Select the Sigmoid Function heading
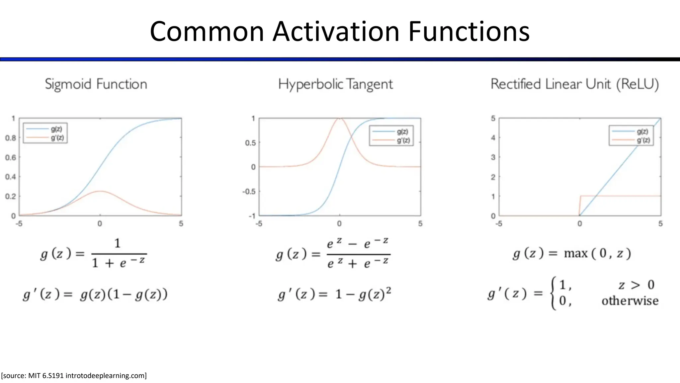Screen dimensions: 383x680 tap(96, 84)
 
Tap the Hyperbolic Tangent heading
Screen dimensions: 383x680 tap(335, 84)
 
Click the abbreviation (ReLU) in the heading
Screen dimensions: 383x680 tap(637, 84)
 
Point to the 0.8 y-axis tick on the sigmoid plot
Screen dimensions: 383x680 tap(11, 138)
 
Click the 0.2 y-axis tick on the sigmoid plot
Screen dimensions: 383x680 tap(11, 196)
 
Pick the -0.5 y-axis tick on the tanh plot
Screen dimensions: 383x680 tap(249, 191)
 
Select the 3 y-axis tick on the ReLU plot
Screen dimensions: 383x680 tap(493, 157)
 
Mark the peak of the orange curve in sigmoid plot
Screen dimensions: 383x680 tap(100, 191)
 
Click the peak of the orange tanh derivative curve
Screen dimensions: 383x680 tap(339, 118)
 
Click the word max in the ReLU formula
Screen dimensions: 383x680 tap(575, 254)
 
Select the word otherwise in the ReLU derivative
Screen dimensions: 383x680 tap(630, 301)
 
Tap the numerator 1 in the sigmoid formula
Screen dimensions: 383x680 tap(118, 243)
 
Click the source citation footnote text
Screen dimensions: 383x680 tap(74, 376)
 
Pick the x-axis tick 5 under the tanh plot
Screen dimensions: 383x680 tap(420, 224)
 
